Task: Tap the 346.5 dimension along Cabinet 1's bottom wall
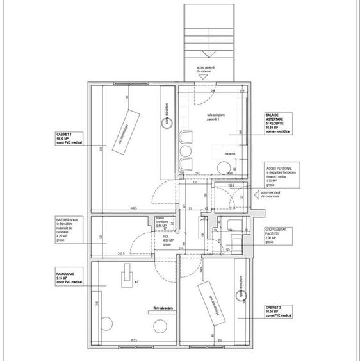[x=133, y=208]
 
